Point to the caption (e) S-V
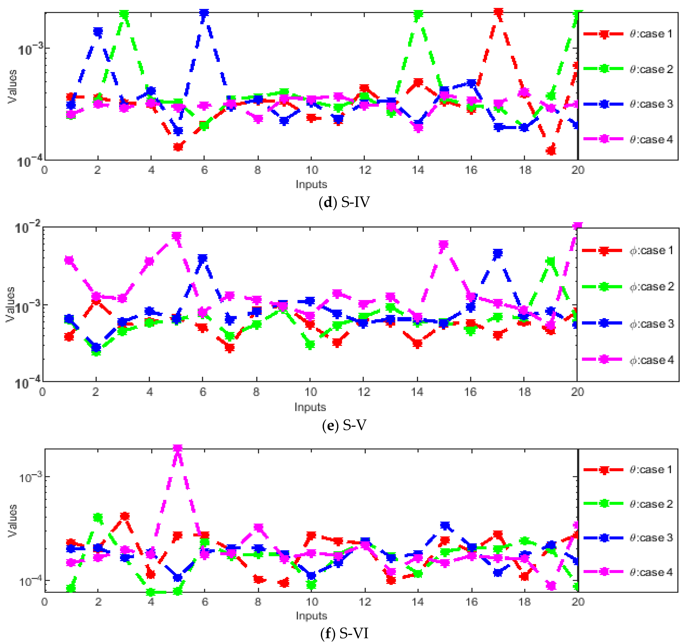[344, 425]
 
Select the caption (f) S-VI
[344, 634]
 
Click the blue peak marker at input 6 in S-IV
[204, 13]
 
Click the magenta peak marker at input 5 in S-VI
[178, 449]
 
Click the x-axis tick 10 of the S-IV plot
[311, 170]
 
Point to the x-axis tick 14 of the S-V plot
[417, 392]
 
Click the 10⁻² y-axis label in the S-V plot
[28, 228]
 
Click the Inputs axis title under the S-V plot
[310, 407]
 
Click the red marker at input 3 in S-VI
[124, 516]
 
